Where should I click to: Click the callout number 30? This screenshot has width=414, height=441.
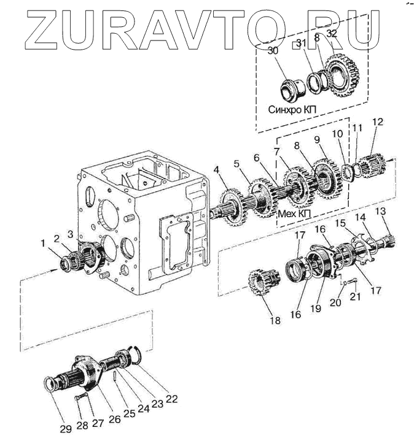(x=273, y=51)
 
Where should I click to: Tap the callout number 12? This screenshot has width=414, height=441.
(x=377, y=122)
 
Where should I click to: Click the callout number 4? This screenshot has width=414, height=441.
(x=216, y=169)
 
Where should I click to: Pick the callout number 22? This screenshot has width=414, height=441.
(x=171, y=398)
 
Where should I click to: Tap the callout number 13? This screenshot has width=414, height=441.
(x=381, y=212)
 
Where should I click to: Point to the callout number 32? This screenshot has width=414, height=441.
(x=332, y=33)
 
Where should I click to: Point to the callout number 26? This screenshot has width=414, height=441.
(x=114, y=420)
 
